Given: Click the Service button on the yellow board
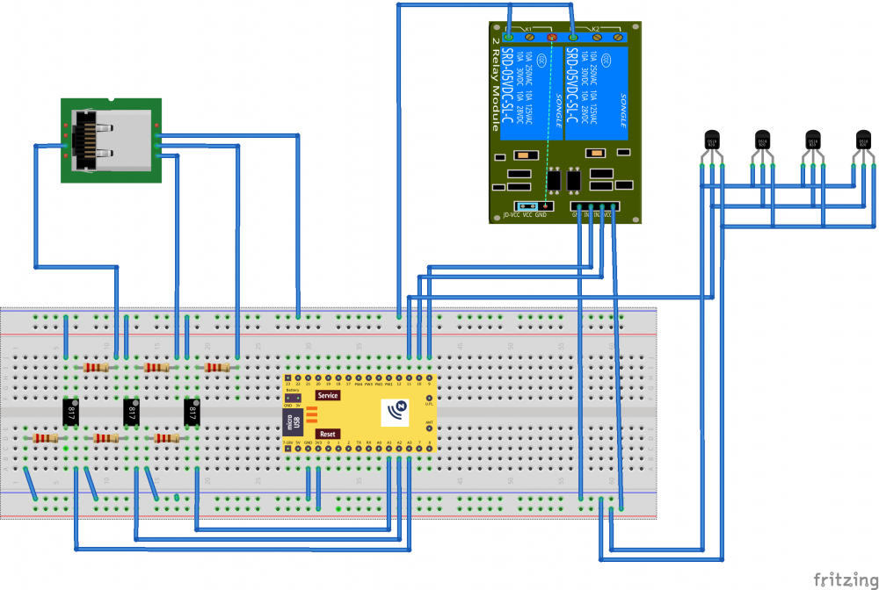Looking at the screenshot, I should point(327,396).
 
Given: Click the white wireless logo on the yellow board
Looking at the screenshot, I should point(399,408).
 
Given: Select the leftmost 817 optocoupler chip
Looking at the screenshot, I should point(71,411).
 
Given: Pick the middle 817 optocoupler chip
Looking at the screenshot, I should point(131,411).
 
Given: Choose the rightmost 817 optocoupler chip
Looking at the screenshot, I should point(192,411).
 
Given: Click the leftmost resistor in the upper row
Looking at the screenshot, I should point(96,368).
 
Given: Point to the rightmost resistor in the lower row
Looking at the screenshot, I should point(166,437).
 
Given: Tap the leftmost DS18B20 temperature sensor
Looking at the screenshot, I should point(712,140).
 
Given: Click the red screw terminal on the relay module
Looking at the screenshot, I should point(552,38).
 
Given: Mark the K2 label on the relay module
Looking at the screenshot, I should point(595,29).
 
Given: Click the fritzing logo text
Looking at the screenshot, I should point(841,579).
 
